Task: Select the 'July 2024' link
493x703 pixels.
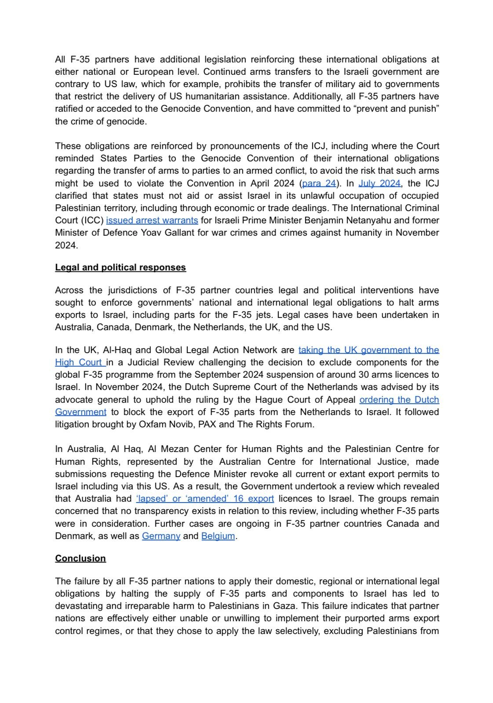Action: (x=379, y=183)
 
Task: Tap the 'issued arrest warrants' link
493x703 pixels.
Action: (x=152, y=220)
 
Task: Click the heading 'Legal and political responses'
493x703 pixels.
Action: (x=121, y=267)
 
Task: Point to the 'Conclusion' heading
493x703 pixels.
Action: (x=80, y=558)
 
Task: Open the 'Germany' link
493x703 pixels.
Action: (x=161, y=536)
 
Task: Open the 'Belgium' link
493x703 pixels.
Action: (x=218, y=536)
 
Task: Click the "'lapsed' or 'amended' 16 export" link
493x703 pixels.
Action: (x=205, y=499)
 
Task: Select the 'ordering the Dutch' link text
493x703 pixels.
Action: (x=399, y=400)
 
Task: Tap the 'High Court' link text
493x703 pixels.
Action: (x=80, y=363)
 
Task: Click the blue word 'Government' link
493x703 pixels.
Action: (x=80, y=412)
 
